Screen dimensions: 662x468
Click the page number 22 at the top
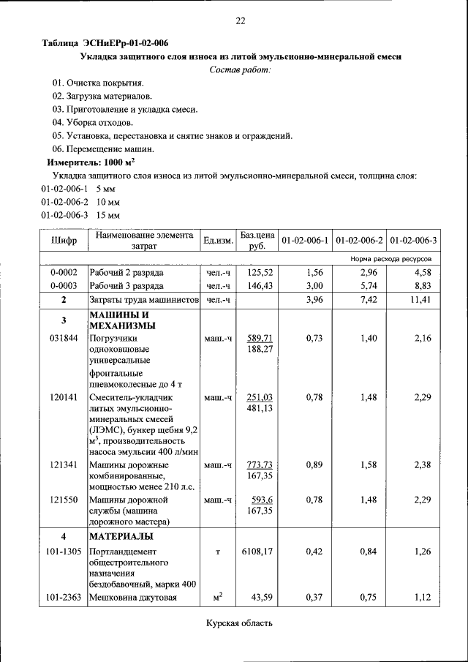tap(239, 20)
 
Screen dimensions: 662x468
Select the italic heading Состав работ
tap(240, 69)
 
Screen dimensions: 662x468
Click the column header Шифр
tap(64, 241)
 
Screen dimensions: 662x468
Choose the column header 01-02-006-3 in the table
tap(413, 241)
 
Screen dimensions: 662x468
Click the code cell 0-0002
tap(64, 272)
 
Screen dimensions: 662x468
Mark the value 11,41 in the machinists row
tap(423, 300)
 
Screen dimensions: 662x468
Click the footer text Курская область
tap(239, 623)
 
